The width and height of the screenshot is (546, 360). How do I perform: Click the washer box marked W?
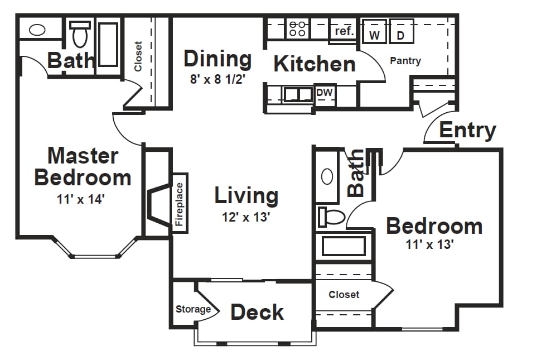tap(374, 31)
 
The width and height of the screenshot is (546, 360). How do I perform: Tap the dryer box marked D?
tap(402, 31)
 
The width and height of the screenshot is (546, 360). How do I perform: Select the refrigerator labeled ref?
tap(344, 31)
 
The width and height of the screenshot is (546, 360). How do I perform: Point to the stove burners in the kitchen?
tap(298, 28)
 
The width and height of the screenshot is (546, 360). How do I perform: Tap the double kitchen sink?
tap(298, 94)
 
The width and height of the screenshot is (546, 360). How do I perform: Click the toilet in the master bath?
tap(80, 34)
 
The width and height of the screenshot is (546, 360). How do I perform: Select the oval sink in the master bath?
tap(37, 30)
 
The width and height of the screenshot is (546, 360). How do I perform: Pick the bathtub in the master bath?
tap(108, 45)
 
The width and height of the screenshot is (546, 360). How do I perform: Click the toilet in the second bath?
tap(331, 217)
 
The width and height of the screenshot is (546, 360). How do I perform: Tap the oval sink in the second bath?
tap(327, 177)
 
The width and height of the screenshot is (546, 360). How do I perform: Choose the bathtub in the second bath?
tap(344, 246)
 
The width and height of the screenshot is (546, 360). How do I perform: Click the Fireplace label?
tap(180, 204)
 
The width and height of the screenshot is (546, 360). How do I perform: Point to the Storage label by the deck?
tap(194, 309)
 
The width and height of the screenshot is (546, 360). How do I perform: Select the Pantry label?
tap(405, 61)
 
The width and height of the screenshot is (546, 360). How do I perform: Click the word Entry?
tap(468, 131)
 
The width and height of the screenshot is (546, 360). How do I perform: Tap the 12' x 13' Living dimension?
tap(246, 218)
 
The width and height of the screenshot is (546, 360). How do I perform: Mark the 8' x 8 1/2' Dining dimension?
tap(218, 79)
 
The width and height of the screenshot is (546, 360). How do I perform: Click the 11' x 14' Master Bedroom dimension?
tap(81, 199)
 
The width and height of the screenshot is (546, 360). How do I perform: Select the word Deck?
tap(257, 312)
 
